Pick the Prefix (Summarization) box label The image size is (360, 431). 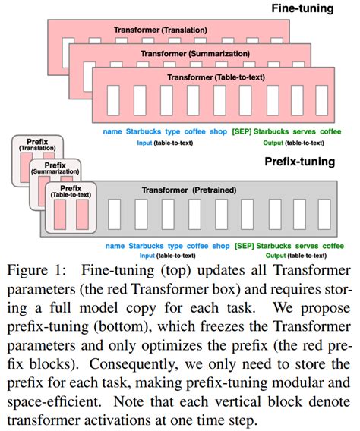(x=55, y=168)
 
